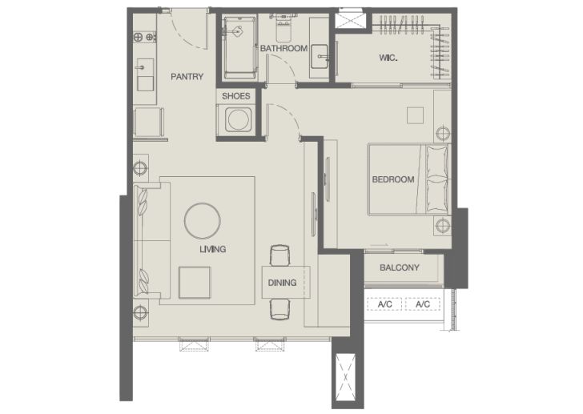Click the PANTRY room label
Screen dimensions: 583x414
[x=187, y=77]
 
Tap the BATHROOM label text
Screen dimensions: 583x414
[x=283, y=48]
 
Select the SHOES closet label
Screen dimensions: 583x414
[x=235, y=96]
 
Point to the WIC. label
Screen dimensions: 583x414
[x=388, y=58]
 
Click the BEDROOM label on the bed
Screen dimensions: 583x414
[x=393, y=179]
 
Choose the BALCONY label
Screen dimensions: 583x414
[x=400, y=267]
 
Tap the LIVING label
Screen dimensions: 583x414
[x=213, y=249]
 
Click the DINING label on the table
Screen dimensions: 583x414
[x=282, y=283]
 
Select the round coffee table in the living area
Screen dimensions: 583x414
[x=203, y=221]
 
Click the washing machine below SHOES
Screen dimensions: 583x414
[x=235, y=119]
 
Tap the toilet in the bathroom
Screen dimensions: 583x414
[x=284, y=30]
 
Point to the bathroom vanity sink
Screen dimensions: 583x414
[x=319, y=57]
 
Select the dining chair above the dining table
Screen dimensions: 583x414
[x=280, y=255]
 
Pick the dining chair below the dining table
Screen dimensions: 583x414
[x=280, y=310]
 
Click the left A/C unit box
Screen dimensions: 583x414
[x=385, y=304]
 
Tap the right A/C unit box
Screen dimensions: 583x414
[x=423, y=304]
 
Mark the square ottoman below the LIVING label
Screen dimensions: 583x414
[x=195, y=283]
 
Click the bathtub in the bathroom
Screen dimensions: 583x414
[x=240, y=48]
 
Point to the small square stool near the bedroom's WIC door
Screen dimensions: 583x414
[x=415, y=115]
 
